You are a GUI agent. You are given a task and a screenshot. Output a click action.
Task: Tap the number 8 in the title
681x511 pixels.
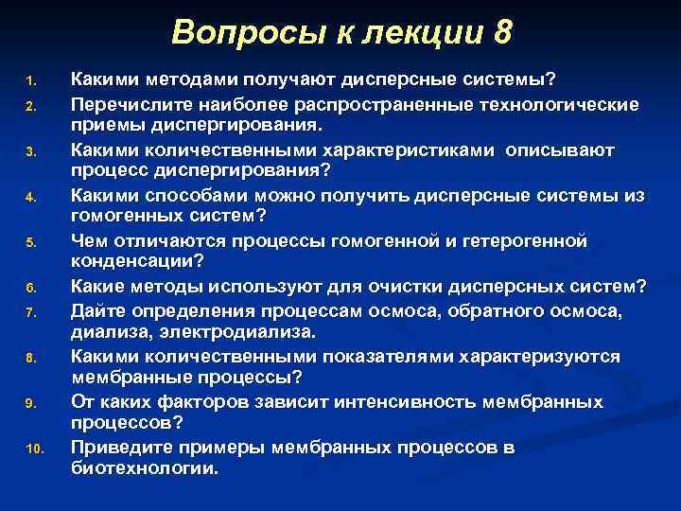[x=501, y=34]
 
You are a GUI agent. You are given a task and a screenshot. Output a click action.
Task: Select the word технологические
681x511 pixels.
[x=561, y=104]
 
